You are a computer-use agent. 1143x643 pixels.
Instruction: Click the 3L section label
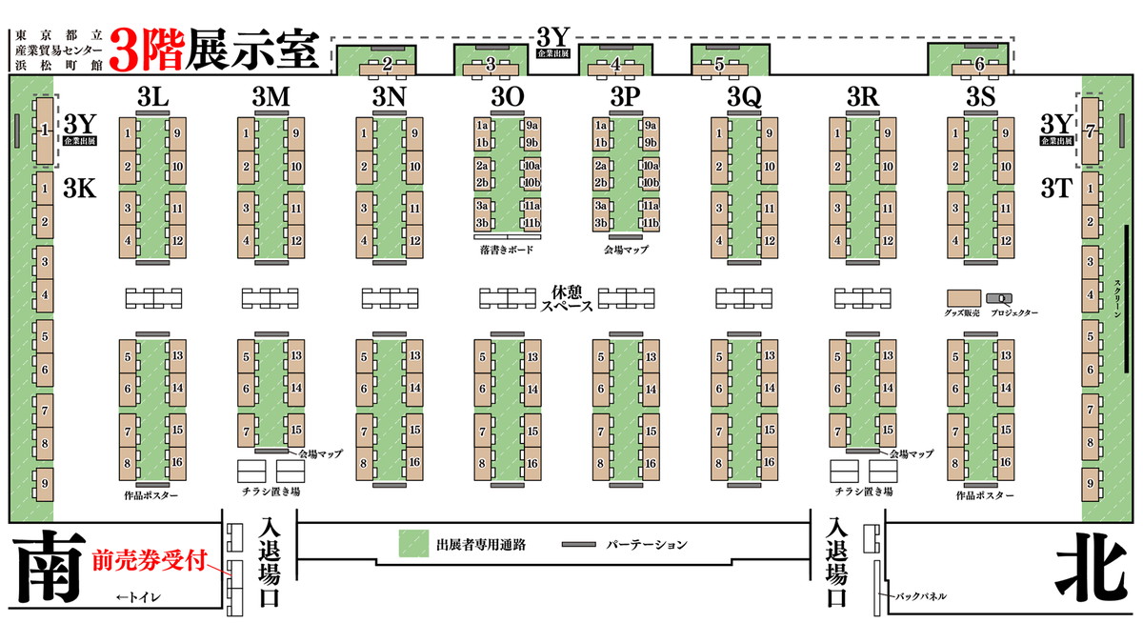click(153, 96)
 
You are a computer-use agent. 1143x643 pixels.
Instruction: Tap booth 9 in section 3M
click(296, 133)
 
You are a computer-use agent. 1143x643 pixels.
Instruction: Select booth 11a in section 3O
click(532, 206)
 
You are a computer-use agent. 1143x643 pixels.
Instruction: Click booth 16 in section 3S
click(1005, 463)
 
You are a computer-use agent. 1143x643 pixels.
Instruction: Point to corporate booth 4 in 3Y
click(615, 65)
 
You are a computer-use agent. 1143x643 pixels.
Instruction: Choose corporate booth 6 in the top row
click(980, 64)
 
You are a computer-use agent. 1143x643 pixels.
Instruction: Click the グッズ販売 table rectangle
click(964, 297)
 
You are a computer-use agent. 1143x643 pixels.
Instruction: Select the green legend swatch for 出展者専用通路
click(413, 544)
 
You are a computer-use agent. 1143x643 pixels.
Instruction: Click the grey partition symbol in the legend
click(579, 545)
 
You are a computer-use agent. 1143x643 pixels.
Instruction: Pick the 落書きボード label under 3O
click(507, 251)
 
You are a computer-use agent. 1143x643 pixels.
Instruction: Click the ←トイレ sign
click(138, 597)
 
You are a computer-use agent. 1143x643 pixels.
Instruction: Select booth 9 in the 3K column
click(44, 482)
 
